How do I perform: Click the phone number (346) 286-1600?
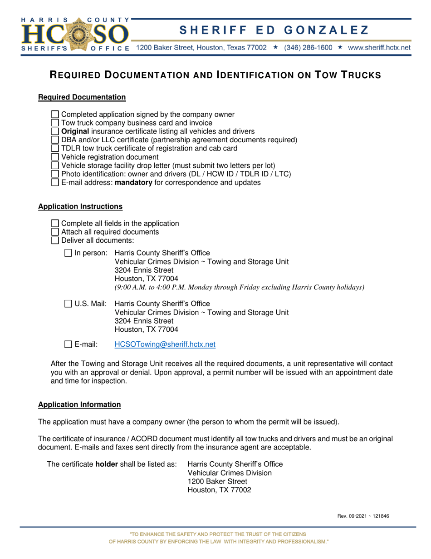[308, 47]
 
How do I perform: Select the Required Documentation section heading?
[82, 97]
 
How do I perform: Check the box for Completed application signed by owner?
[55, 115]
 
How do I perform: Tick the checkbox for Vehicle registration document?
[55, 157]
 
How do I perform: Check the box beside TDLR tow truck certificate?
[55, 148]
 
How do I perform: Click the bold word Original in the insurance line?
[75, 131]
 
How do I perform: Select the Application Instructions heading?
[80, 206]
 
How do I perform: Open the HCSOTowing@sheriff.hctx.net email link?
[165, 344]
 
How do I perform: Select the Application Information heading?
[79, 404]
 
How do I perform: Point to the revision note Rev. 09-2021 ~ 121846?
[363, 516]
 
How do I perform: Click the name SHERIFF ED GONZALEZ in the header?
[274, 30]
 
